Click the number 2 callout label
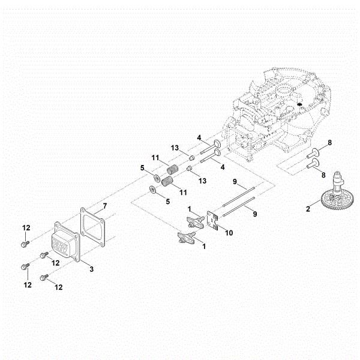pyautogui.click(x=308, y=209)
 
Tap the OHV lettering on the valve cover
pyautogui.click(x=61, y=245)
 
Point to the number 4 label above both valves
pyautogui.click(x=199, y=137)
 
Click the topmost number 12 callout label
pyautogui.click(x=26, y=227)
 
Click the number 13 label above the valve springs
pyautogui.click(x=175, y=148)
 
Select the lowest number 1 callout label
pyautogui.click(x=204, y=246)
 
